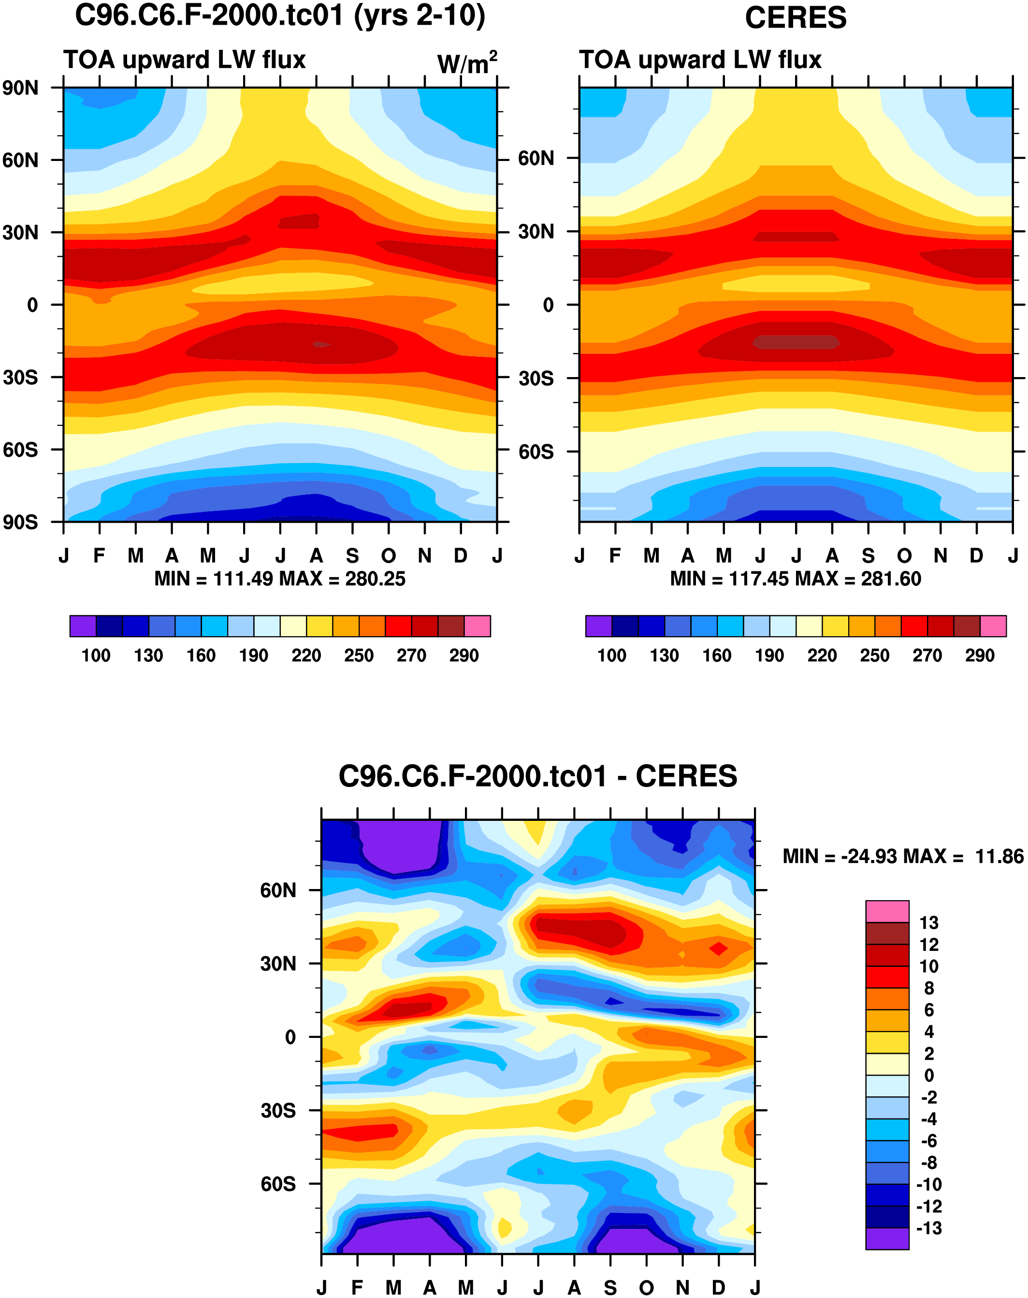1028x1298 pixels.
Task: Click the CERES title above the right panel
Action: click(795, 18)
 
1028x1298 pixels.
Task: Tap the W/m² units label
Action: click(467, 63)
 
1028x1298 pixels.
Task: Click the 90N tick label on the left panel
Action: click(20, 88)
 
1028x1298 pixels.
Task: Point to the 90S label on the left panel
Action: click(20, 522)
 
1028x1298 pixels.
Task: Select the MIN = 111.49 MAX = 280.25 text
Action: click(280, 579)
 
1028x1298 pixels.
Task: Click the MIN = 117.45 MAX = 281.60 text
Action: click(795, 579)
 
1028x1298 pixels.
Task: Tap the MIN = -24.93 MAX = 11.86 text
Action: click(903, 856)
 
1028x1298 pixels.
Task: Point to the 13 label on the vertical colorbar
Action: click(929, 922)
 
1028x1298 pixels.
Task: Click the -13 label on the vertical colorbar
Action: click(929, 1228)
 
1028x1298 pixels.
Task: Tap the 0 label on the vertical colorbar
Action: click(929, 1075)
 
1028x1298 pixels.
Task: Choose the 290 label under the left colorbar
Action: click(463, 655)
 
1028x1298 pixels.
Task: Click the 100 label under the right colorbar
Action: click(611, 655)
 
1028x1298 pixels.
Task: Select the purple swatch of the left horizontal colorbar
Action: click(83, 626)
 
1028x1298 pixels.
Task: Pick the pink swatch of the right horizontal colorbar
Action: click(993, 626)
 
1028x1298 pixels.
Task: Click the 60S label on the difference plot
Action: click(278, 1184)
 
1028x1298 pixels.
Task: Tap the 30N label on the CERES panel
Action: click(536, 232)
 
